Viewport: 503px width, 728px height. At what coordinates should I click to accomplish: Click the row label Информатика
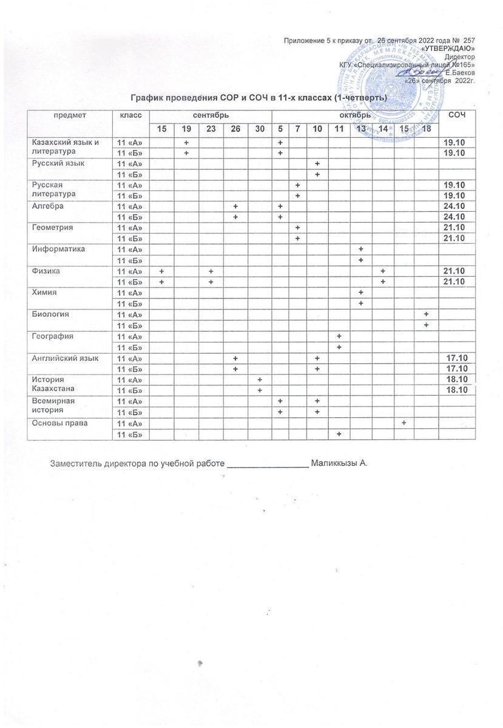coord(59,249)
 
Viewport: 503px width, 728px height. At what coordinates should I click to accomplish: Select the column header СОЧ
coord(456,115)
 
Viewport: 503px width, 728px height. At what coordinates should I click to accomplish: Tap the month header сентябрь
coord(211,115)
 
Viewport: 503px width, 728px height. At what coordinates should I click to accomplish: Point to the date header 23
coord(211,129)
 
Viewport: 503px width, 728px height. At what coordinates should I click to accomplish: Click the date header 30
coord(260,129)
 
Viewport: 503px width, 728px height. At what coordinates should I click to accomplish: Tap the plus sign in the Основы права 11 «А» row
coord(403,423)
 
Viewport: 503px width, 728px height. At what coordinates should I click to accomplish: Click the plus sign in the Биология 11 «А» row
coord(427,314)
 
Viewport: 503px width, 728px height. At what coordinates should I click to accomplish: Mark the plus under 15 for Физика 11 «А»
coord(162,271)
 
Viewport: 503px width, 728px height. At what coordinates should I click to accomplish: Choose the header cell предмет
coord(70,115)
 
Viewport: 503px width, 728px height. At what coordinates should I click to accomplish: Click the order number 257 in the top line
coord(468,40)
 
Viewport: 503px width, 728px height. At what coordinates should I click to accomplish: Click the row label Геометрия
coord(53,227)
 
